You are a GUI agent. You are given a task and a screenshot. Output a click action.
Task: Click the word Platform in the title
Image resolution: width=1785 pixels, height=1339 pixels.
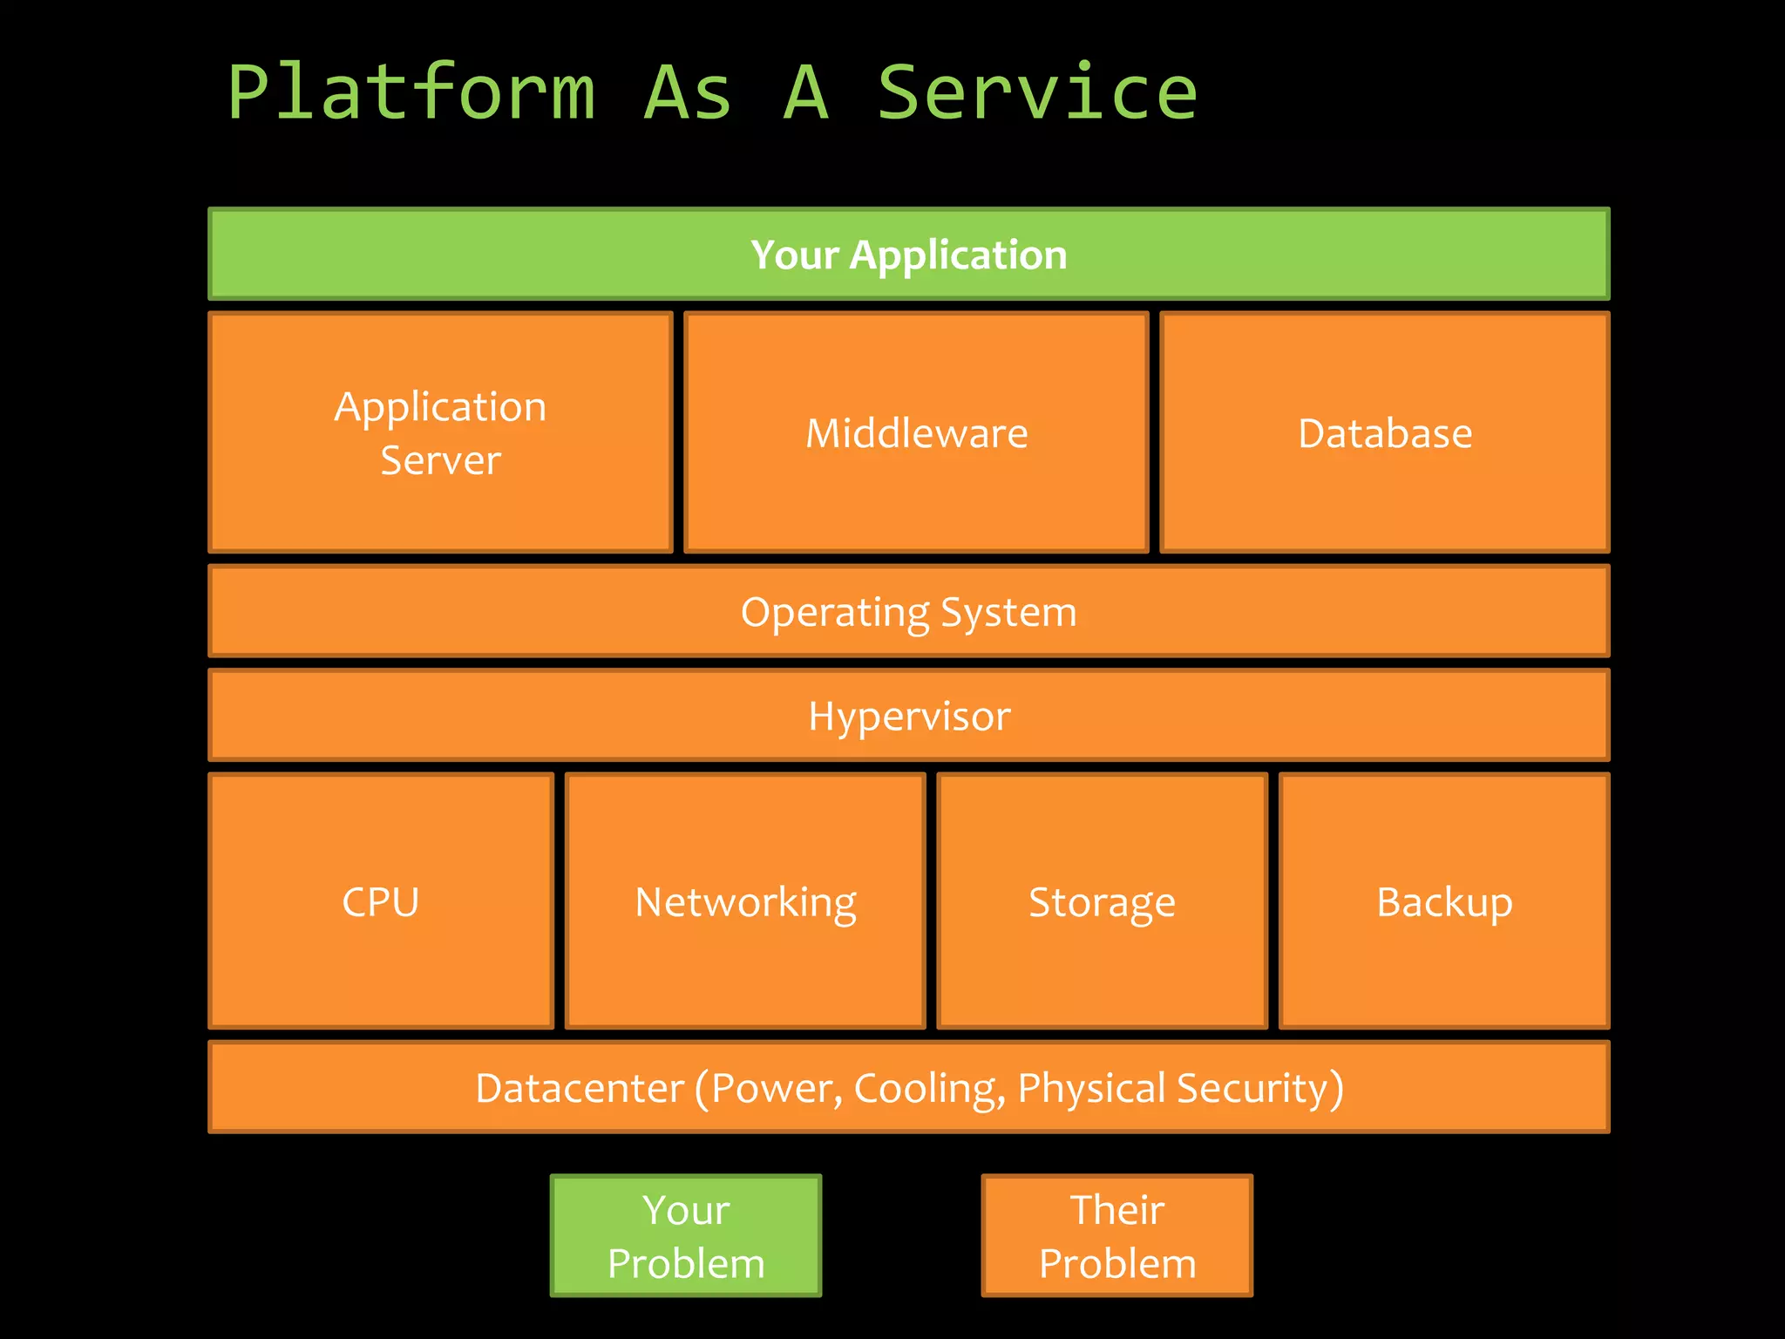pyautogui.click(x=411, y=92)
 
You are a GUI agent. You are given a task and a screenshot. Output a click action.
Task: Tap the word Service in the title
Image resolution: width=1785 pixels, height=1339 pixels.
pyautogui.click(x=1037, y=92)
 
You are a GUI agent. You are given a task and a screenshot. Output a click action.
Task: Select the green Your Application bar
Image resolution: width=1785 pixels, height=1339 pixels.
pyautogui.click(x=908, y=255)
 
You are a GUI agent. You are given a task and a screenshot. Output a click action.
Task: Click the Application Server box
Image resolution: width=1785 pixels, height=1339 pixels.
pyautogui.click(x=440, y=432)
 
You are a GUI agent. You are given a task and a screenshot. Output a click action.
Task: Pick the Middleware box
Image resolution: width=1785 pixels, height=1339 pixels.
pyautogui.click(x=916, y=433)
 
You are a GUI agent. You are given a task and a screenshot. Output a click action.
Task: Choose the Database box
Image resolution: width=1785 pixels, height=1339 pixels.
pyautogui.click(x=1384, y=433)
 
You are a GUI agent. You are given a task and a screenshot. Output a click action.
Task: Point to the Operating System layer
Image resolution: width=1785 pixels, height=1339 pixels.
pyautogui.click(x=908, y=611)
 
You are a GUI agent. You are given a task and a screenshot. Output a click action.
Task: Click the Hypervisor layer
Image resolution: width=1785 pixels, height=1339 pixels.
pyautogui.click(x=908, y=716)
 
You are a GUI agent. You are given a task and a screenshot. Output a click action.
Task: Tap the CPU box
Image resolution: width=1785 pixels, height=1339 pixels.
pyautogui.click(x=381, y=901)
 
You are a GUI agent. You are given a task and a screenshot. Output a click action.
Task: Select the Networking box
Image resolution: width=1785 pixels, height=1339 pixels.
pyautogui.click(x=745, y=901)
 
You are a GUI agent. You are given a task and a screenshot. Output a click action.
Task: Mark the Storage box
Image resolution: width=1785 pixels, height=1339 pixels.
pyautogui.click(x=1102, y=901)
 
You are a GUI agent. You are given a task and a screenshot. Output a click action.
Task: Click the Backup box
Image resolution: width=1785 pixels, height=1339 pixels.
pyautogui.click(x=1444, y=901)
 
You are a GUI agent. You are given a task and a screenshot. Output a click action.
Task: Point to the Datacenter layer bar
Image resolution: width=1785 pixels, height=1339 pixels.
pyautogui.click(x=908, y=1087)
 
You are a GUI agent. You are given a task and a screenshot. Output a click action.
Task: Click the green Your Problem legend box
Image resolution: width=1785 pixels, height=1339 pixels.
pyautogui.click(x=686, y=1235)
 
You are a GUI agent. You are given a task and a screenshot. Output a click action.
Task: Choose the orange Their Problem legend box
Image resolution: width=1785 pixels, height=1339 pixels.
pyautogui.click(x=1116, y=1235)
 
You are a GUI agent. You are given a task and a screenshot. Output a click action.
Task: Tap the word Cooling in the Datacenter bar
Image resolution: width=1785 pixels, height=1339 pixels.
pyautogui.click(x=924, y=1089)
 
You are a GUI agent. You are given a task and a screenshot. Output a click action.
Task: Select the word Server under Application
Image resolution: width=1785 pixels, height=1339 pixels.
pyautogui.click(x=440, y=460)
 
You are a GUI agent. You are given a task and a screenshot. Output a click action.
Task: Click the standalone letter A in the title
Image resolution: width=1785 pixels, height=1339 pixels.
pyautogui.click(x=805, y=92)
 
